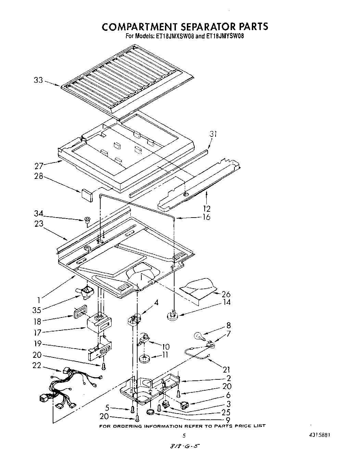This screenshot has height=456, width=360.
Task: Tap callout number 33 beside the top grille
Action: (38, 81)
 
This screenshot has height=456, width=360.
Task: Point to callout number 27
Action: (39, 166)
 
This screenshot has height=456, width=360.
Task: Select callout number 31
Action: (213, 134)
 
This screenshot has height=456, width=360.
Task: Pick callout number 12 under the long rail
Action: (206, 208)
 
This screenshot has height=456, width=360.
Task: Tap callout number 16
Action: (206, 217)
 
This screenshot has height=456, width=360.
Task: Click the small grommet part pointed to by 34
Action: (87, 220)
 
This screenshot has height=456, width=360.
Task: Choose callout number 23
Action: (39, 224)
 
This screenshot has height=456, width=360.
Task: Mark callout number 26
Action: (226, 294)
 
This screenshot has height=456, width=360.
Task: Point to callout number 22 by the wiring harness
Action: (37, 365)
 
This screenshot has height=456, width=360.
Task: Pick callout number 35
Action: (37, 310)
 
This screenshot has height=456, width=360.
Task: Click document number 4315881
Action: (319, 435)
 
